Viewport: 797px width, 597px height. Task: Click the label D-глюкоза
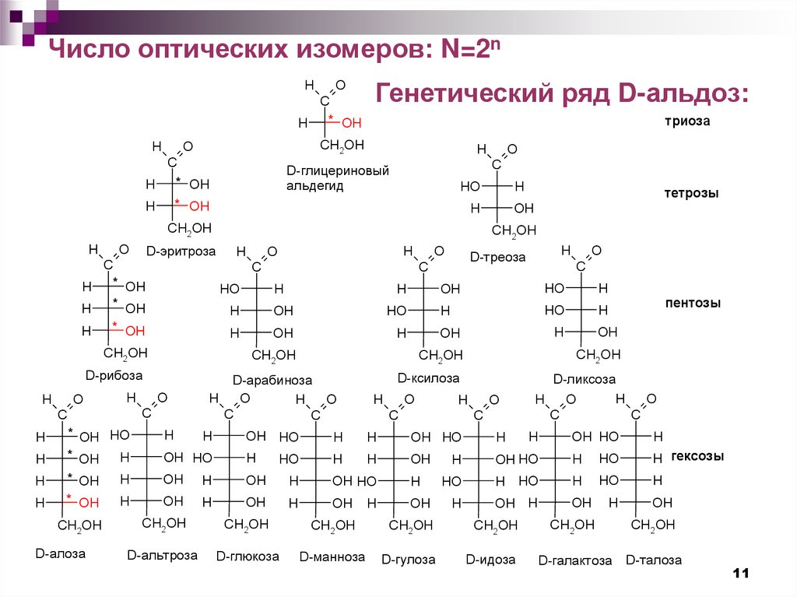click(248, 557)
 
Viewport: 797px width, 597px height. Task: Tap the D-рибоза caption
click(114, 375)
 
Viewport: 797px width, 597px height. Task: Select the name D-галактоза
click(575, 560)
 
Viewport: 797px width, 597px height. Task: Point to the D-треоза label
click(497, 257)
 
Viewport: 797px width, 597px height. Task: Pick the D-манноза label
click(332, 557)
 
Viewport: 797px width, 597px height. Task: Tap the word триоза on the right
click(687, 121)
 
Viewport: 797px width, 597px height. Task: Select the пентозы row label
click(693, 303)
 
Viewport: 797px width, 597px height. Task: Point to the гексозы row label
click(697, 456)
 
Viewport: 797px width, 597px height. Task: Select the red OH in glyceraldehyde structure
click(352, 123)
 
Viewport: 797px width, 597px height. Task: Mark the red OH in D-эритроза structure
click(199, 206)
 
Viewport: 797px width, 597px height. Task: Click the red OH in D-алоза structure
click(89, 503)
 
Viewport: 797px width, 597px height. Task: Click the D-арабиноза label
click(272, 381)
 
